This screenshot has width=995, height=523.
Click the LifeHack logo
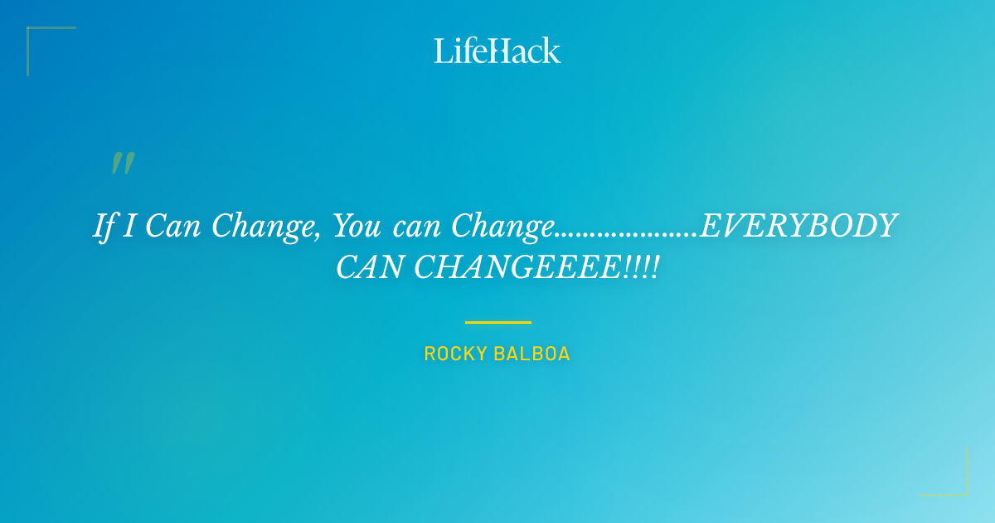(498, 51)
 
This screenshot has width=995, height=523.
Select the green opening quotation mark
(123, 164)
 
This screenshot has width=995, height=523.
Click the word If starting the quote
(104, 227)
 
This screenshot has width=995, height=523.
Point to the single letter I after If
(129, 226)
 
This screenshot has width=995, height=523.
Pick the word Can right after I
(173, 226)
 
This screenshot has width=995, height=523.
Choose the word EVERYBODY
(798, 226)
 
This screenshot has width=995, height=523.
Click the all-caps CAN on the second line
(370, 267)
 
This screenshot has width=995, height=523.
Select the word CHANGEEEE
(518, 267)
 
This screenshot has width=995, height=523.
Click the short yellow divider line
(498, 322)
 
